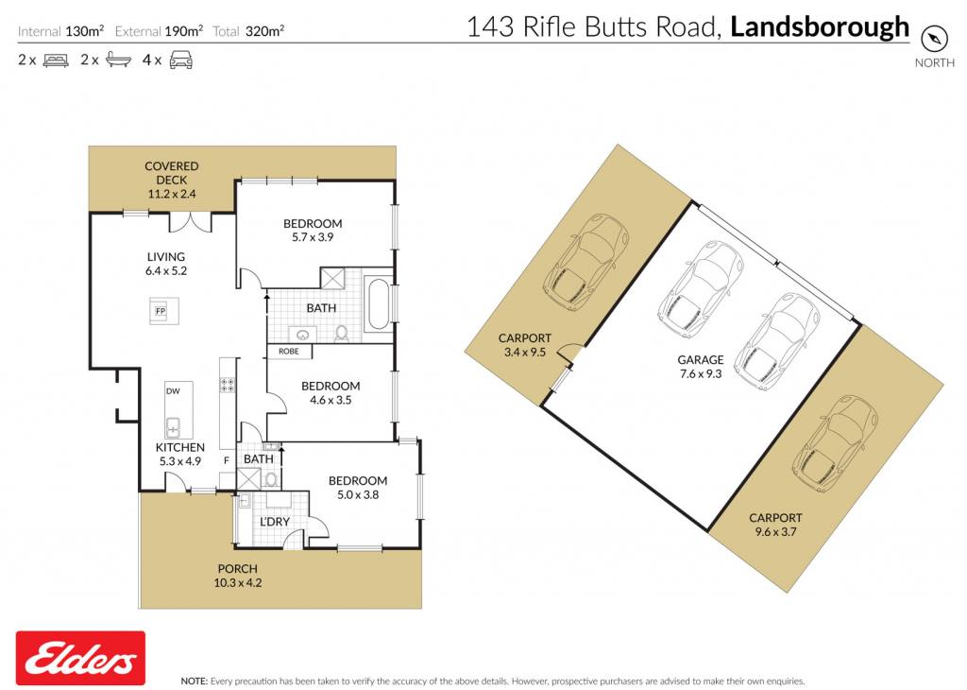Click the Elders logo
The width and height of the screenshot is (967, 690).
pos(81,659)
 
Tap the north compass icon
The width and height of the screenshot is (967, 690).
pos(934,38)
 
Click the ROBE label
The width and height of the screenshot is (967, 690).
pos(289,352)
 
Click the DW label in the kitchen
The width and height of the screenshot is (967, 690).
pos(174,390)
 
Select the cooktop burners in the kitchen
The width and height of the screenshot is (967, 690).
pos(227,385)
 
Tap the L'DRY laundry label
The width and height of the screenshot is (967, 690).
pos(275,522)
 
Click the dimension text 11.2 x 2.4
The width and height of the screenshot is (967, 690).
pos(172,194)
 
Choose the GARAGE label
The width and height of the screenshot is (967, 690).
pos(701,359)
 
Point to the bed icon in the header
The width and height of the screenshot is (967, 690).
pos(56,60)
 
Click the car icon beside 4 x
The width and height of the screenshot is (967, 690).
pos(180,60)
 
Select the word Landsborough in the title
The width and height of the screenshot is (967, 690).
pos(820,27)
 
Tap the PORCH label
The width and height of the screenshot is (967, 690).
pos(237,568)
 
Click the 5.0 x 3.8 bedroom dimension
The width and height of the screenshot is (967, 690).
pos(358,494)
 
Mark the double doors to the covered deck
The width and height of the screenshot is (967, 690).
pos(191,222)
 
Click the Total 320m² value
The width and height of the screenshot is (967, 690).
pos(264,31)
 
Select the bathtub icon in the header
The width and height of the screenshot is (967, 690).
pos(118,60)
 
